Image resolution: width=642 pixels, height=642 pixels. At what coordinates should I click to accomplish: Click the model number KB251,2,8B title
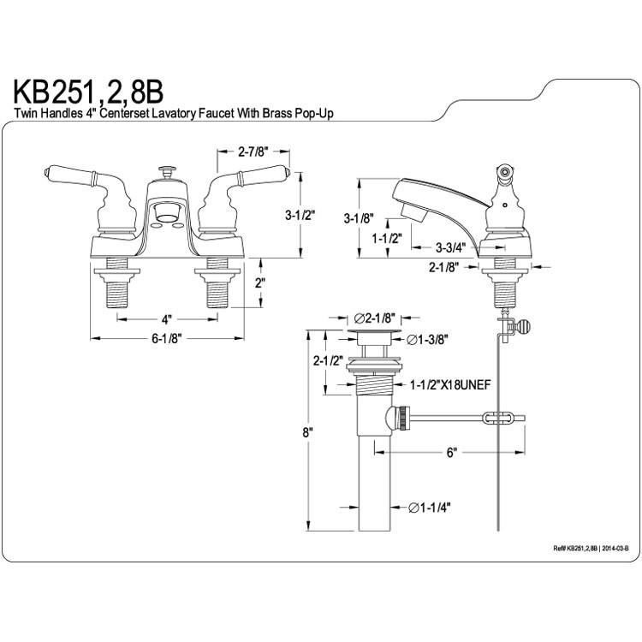point(88,93)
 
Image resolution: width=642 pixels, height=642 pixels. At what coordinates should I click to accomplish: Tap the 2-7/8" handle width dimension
point(253,152)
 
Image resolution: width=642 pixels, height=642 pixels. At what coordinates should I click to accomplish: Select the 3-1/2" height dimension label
point(301,215)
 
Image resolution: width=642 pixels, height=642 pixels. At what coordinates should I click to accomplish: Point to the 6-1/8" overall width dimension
point(167,339)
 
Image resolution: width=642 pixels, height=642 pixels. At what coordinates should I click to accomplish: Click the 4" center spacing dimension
point(166,318)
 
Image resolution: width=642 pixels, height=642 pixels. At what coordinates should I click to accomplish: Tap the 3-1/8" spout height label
point(359,218)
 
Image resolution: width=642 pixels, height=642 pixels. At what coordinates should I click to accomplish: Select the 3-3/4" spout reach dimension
point(451,247)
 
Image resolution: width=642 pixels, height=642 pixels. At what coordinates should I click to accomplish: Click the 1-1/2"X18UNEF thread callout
point(450,385)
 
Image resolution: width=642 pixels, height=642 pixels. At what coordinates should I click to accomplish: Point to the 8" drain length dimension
point(308,432)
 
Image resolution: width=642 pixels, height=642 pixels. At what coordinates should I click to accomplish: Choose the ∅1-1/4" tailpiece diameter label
point(430,508)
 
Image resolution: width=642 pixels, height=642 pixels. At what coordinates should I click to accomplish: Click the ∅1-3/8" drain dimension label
point(427,340)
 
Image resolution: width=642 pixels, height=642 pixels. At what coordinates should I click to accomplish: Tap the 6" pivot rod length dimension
point(451,453)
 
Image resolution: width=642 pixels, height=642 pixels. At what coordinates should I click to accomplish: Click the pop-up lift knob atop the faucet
point(167,171)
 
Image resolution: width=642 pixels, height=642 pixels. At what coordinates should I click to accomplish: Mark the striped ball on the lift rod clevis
point(525,327)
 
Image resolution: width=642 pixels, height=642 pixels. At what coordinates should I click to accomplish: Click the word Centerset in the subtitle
point(124,113)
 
